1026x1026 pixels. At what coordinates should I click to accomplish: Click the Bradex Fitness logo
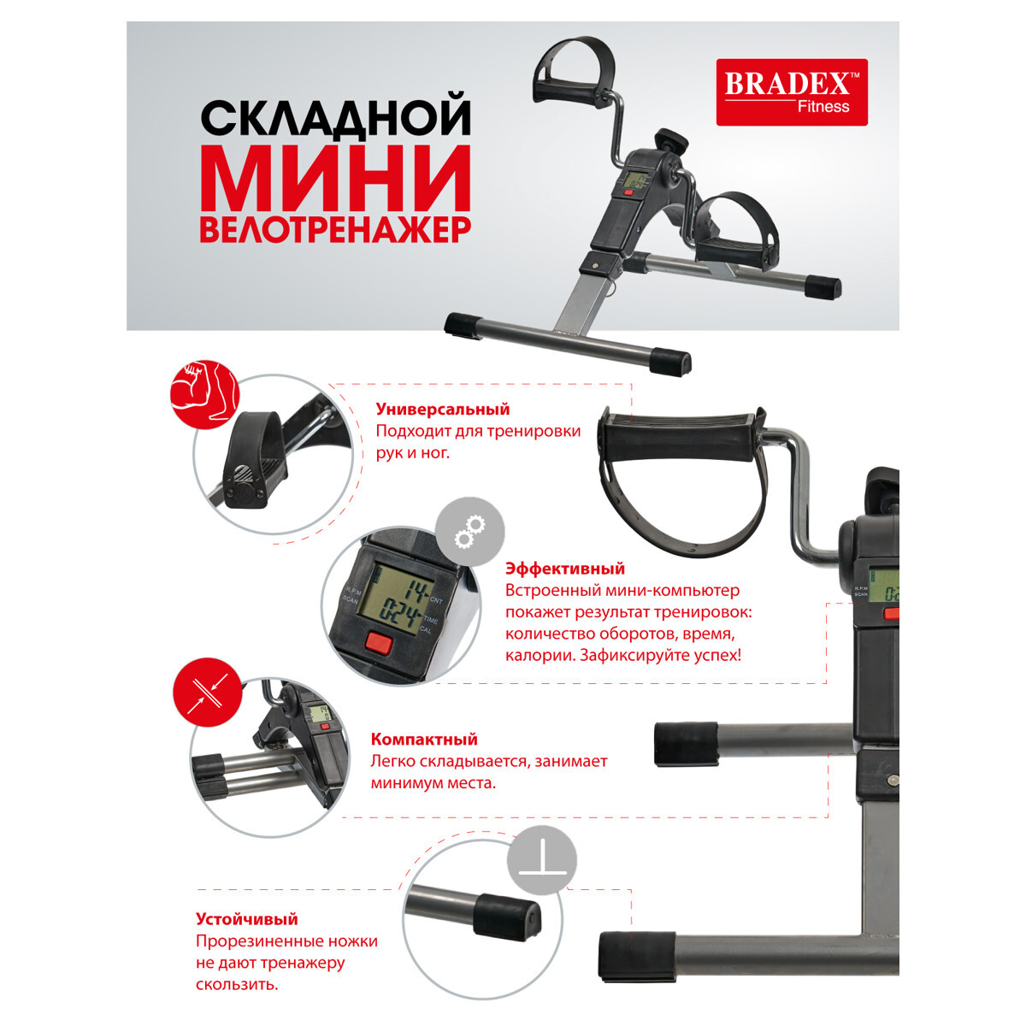(x=791, y=92)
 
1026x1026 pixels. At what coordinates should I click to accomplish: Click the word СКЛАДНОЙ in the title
(x=336, y=117)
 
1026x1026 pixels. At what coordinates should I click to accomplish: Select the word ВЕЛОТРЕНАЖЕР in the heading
(x=335, y=230)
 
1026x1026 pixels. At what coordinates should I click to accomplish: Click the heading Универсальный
(x=442, y=410)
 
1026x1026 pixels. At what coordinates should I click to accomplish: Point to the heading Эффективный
(x=564, y=569)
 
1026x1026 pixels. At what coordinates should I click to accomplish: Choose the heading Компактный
(x=424, y=740)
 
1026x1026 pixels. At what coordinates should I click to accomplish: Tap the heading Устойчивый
(x=246, y=920)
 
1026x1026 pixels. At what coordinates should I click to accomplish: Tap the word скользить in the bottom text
(x=236, y=985)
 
